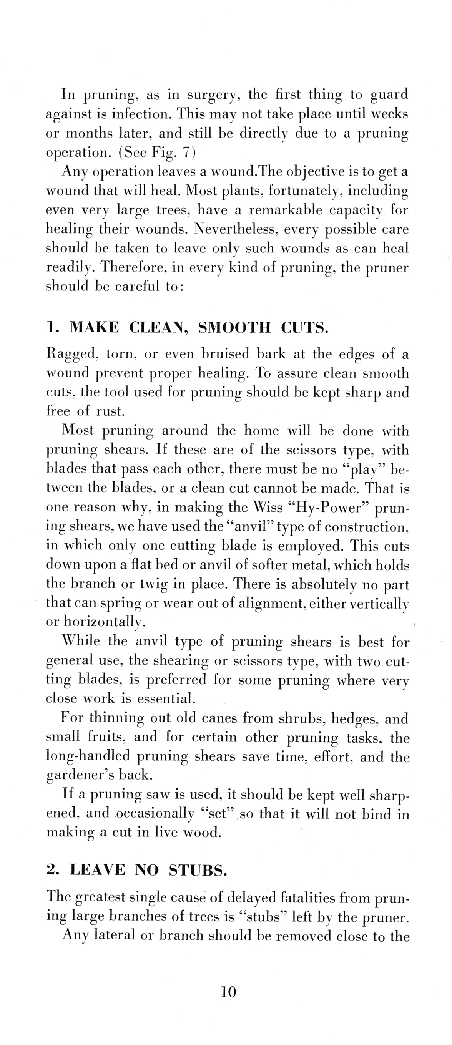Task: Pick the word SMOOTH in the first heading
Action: (234, 327)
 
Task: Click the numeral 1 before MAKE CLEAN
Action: (50, 327)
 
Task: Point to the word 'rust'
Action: (109, 412)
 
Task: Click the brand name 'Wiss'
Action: (268, 508)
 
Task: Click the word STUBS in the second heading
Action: (197, 870)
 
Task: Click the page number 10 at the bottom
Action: (228, 992)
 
